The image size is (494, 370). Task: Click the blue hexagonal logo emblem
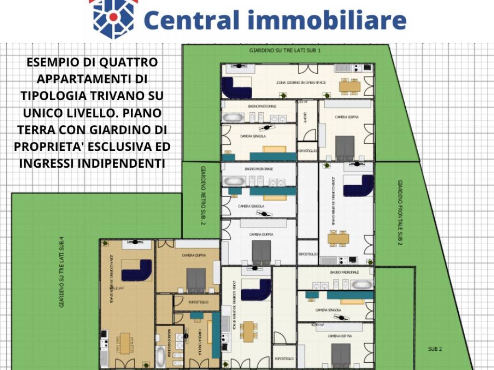pos(113,18)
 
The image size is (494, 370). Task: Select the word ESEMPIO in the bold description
pos(52,62)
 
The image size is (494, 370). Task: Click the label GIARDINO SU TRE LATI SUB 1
pos(285,50)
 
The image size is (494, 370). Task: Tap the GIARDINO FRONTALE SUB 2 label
pos(400,212)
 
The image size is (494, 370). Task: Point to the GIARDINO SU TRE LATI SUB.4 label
pos(62,272)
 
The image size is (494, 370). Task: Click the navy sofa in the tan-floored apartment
pos(137,270)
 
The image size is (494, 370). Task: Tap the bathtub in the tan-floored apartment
pos(161,357)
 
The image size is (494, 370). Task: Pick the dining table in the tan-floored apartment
pos(125,343)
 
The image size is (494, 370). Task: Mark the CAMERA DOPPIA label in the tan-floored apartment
pos(194,255)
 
